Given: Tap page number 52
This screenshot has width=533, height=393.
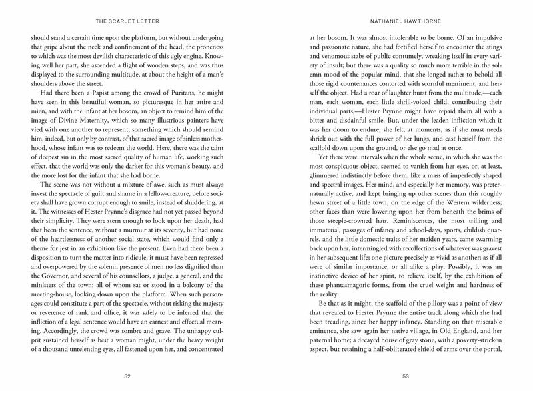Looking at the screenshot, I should tap(129, 376).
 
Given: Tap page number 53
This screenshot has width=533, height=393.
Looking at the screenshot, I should tap(404, 376).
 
